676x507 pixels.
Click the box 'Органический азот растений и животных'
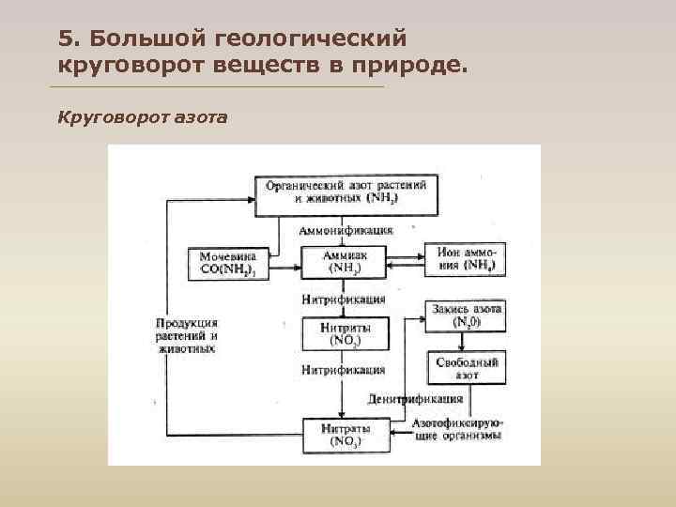tap(346, 192)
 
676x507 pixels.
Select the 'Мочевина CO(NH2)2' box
tap(228, 262)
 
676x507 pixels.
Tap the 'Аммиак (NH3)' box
tap(345, 261)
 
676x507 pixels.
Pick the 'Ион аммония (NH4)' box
tap(465, 258)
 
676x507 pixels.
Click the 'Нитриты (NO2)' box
tap(345, 333)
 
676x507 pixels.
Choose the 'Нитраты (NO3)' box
tap(345, 434)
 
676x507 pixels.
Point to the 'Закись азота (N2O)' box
tap(467, 315)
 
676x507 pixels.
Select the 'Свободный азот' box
tap(467, 368)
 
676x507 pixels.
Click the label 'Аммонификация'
tap(346, 230)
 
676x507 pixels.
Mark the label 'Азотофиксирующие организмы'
tap(457, 429)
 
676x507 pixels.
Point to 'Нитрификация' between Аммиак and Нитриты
tap(344, 300)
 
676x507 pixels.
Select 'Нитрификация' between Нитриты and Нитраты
tap(344, 370)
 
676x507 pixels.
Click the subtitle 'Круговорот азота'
tap(142, 117)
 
